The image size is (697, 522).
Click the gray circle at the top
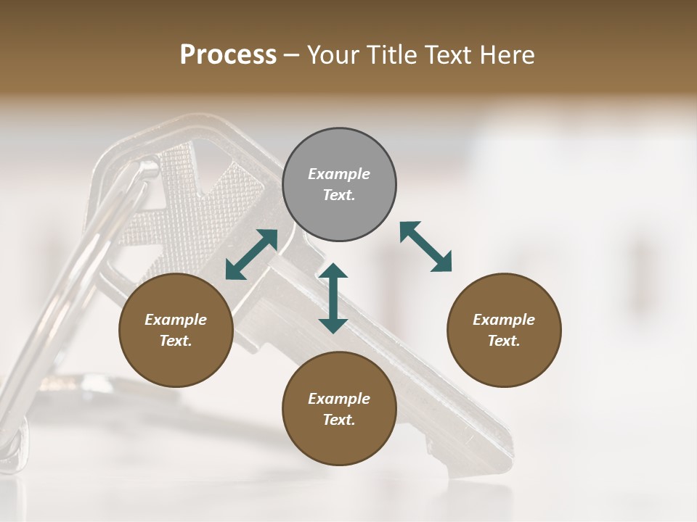[339, 185]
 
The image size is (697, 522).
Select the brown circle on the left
[176, 330]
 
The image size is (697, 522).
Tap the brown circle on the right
[504, 330]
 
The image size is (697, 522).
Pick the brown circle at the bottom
[339, 409]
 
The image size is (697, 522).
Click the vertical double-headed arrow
[333, 299]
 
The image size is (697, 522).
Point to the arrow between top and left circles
[251, 254]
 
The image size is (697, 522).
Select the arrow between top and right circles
[425, 246]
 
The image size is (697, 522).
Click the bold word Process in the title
[228, 54]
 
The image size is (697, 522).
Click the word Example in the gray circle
[339, 174]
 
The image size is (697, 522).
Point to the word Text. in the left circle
[176, 341]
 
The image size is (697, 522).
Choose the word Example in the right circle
[504, 320]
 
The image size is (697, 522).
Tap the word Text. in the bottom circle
[339, 420]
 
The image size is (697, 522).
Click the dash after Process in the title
[292, 55]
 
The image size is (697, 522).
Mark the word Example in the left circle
[176, 320]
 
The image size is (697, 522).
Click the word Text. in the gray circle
[339, 195]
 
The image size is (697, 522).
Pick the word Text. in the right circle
[504, 341]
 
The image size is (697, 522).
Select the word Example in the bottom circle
[339, 399]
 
